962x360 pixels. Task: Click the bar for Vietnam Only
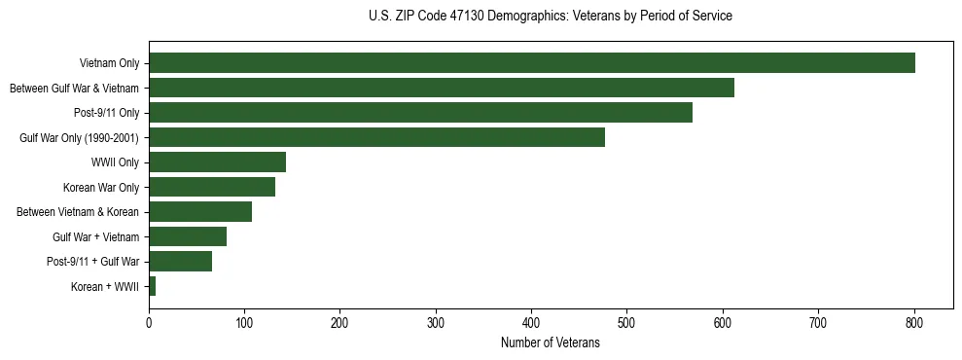coord(531,63)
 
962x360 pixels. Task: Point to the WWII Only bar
coord(217,162)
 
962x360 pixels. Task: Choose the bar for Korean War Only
coord(212,187)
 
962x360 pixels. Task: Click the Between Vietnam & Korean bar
coord(200,212)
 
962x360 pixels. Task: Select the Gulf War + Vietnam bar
coord(188,236)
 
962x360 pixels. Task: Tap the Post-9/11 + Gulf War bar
coord(180,262)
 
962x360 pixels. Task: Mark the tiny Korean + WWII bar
coord(152,286)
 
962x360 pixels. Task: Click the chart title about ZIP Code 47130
coord(550,17)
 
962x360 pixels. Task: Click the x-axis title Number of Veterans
coord(550,343)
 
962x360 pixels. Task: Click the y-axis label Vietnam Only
coord(109,63)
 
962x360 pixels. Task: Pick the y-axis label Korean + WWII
coord(105,286)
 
